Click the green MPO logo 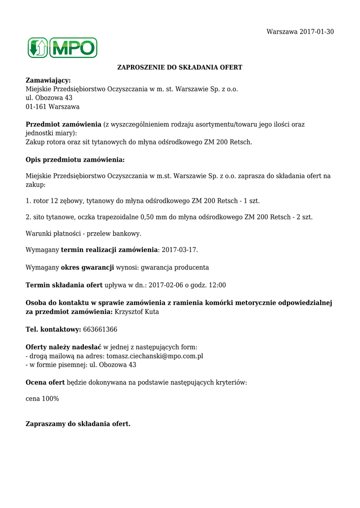62,48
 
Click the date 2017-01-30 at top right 317,32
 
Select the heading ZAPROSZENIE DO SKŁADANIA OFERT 179,67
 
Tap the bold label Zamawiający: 48,80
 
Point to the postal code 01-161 35,107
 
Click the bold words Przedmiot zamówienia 63,125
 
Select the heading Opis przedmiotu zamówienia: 75,160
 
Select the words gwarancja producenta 175,267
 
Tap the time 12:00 216,285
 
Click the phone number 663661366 100,329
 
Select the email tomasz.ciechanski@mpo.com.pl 154,356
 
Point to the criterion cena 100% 42,399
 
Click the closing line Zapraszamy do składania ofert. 78,424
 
